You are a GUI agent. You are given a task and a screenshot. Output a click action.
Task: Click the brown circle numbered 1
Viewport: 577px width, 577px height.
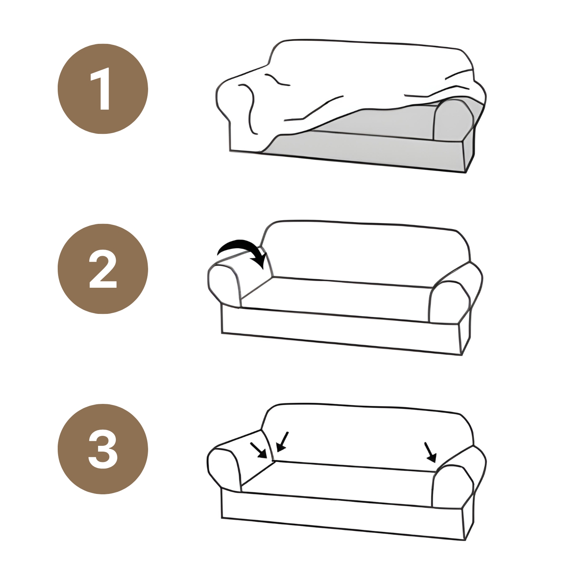coord(103,89)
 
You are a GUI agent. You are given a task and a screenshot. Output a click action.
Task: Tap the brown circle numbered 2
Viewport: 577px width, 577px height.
coord(103,269)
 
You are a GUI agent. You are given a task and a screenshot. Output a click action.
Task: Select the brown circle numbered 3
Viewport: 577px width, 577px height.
coord(103,449)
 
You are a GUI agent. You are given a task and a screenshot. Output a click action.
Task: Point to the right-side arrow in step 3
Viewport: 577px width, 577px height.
coord(430,452)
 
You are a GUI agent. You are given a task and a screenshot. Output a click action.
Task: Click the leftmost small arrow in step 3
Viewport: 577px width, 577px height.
coord(258,450)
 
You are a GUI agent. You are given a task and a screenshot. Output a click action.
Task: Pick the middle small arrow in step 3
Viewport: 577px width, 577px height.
coord(282,442)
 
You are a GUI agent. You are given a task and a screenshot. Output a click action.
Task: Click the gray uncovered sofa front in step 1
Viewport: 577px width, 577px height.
coord(365,148)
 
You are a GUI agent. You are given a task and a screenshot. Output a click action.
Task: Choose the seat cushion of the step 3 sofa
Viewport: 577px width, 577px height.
coord(337,481)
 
